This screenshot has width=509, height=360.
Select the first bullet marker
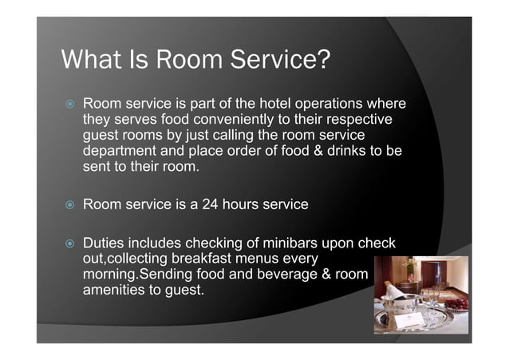tap(69, 105)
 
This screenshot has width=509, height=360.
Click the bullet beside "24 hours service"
tap(69, 205)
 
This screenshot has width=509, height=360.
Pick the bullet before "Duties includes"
tap(69, 243)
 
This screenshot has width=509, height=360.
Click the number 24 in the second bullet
tap(210, 204)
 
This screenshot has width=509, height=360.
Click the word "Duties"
tap(106, 243)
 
